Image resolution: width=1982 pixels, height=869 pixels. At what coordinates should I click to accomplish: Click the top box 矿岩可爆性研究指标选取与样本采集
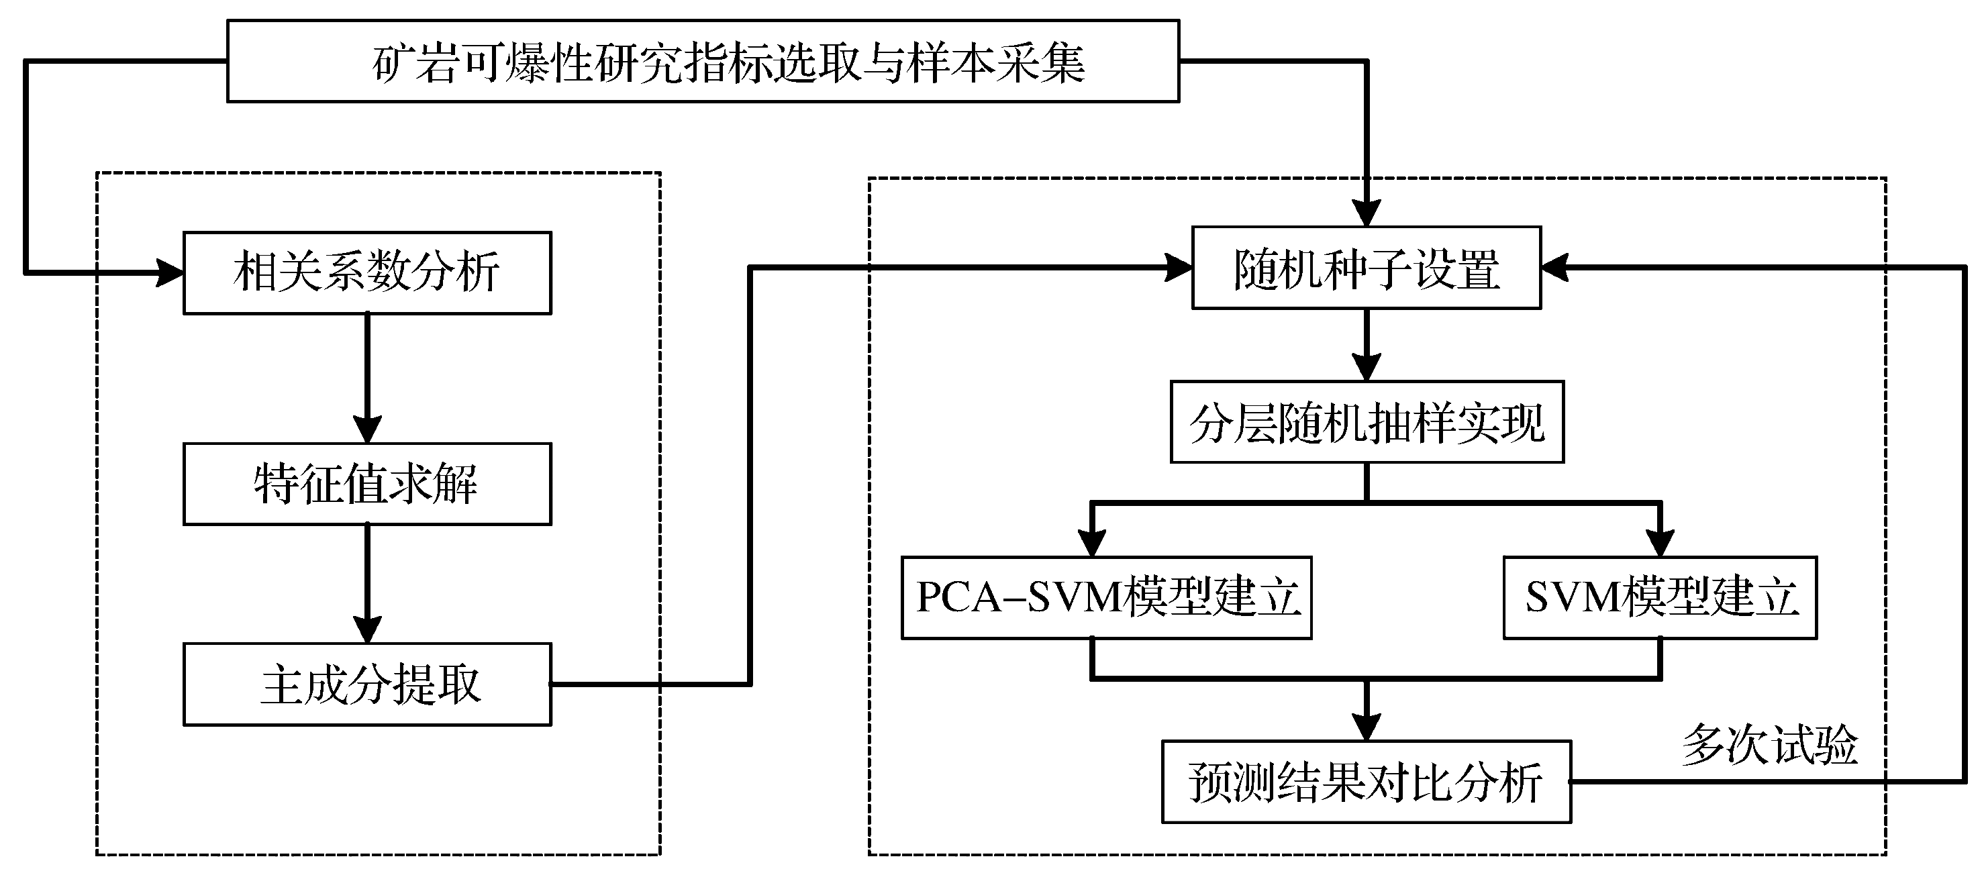pos(703,62)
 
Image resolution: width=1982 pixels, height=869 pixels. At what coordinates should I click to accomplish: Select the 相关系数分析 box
pos(367,272)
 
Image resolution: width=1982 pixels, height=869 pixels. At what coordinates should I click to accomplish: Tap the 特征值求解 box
pos(367,484)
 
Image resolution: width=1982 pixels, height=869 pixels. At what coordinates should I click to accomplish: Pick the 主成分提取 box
pos(367,684)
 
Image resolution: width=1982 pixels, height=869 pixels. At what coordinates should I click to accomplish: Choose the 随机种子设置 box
pos(1367,268)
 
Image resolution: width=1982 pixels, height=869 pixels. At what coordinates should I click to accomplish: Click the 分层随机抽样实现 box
pos(1367,421)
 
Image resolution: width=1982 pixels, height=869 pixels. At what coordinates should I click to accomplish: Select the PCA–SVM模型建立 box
pos(1106,597)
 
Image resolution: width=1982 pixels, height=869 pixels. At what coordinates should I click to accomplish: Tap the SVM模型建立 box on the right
pos(1660,597)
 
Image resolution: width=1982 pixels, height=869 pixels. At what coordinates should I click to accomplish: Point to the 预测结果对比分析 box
pos(1366,781)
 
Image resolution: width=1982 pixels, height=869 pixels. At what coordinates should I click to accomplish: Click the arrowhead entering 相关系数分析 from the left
pos(170,272)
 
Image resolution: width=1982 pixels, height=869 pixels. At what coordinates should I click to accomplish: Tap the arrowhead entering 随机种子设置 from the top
pos(1367,213)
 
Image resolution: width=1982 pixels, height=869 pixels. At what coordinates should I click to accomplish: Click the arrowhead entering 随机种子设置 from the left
pos(1179,268)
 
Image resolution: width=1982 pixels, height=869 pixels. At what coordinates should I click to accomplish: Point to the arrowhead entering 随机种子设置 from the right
pos(1555,268)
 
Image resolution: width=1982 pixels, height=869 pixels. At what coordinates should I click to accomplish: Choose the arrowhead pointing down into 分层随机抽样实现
pos(1367,368)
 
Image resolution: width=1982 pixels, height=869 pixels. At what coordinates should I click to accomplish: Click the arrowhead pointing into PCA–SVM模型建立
pos(1092,543)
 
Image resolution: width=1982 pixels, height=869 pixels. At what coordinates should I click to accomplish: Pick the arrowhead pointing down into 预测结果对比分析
pos(1367,727)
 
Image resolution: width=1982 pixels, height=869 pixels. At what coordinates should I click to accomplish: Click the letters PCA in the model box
pos(958,597)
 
